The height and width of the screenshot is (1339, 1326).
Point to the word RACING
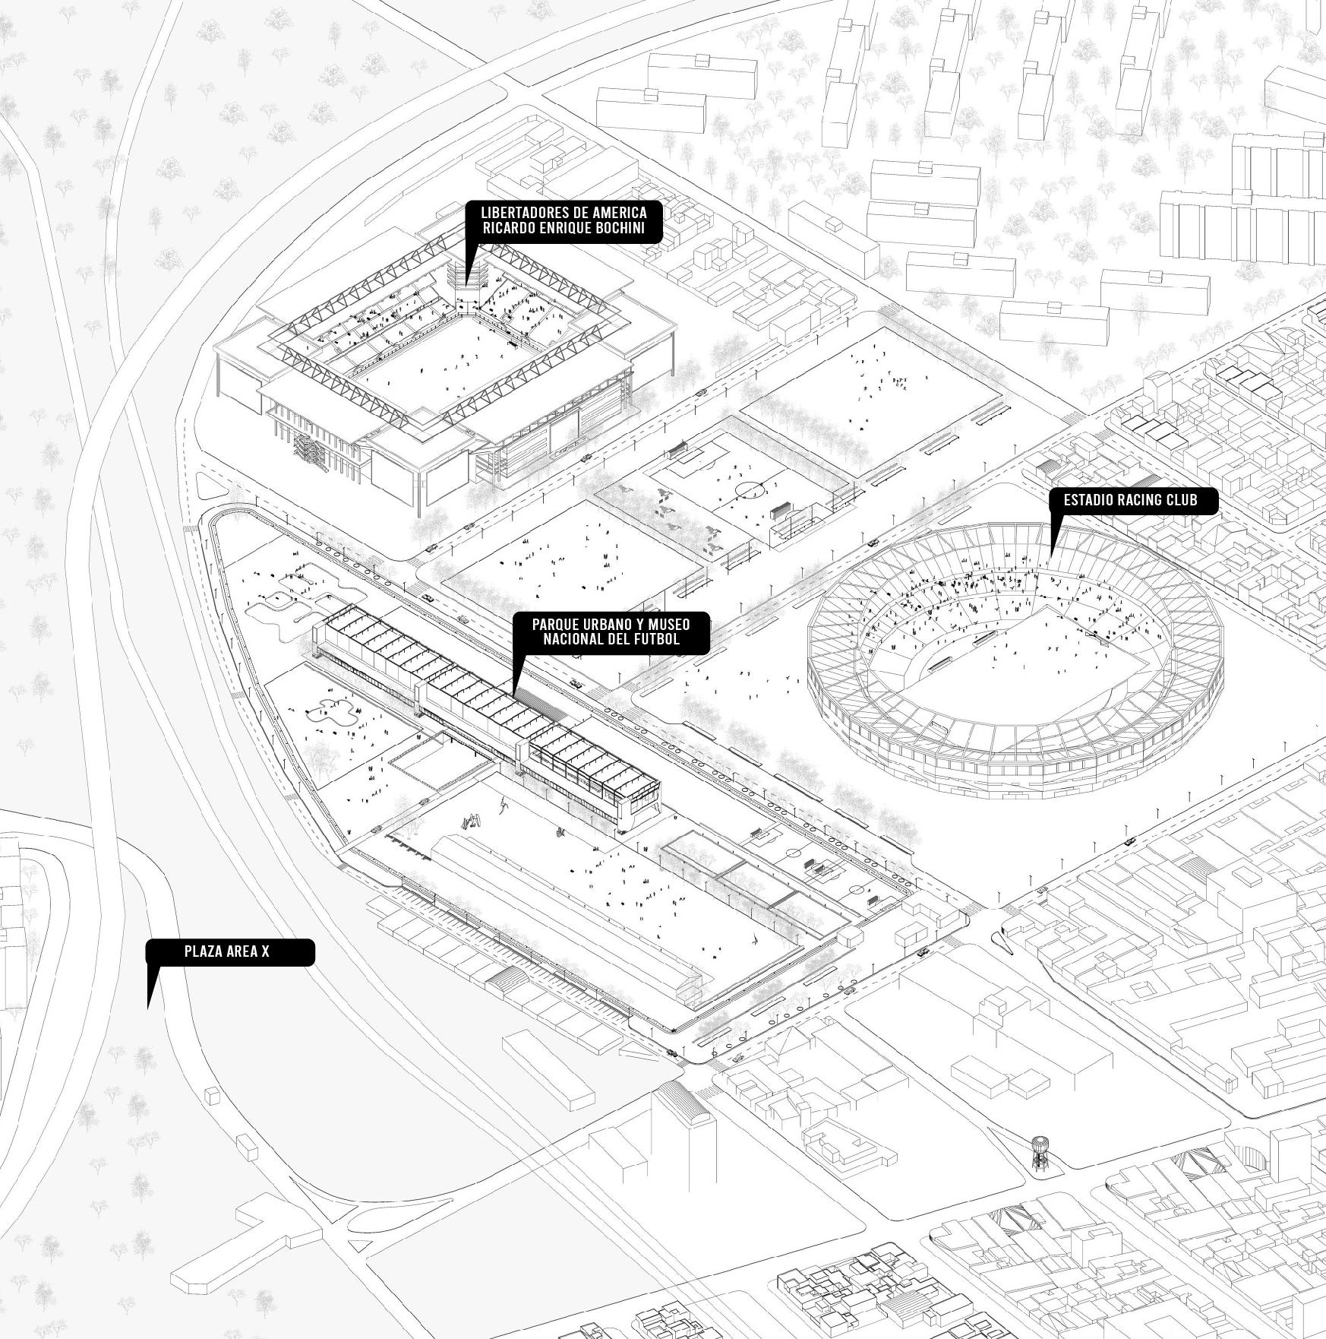[x=1131, y=500]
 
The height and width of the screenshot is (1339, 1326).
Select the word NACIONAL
[x=576, y=639]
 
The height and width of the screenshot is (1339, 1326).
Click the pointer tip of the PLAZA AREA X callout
[x=148, y=1008]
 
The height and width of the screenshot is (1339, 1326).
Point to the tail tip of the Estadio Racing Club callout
[x=1051, y=556]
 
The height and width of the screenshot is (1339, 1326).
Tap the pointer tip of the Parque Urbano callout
[x=513, y=697]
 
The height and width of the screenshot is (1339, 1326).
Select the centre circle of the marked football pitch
[x=748, y=490]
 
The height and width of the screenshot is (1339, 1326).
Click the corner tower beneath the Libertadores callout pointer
[x=467, y=293]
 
